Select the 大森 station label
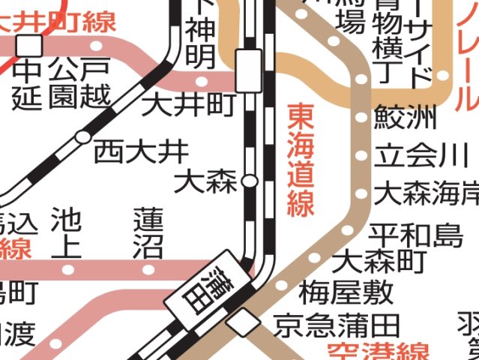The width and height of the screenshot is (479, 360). [205, 181]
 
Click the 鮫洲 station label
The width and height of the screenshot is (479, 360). [405, 118]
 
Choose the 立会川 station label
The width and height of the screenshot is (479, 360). [415, 157]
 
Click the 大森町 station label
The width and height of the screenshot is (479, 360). [379, 262]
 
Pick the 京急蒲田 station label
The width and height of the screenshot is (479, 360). [337, 326]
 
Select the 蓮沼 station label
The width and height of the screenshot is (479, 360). [148, 233]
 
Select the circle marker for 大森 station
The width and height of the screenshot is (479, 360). [250, 181]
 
